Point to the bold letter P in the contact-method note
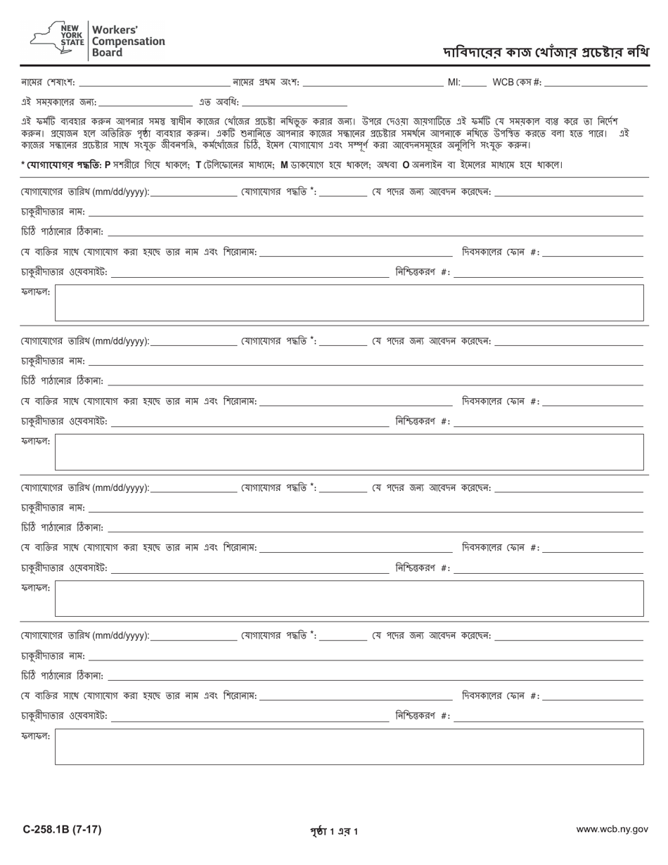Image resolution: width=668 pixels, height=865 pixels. coord(108,165)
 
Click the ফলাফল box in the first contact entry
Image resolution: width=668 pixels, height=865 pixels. coord(349,303)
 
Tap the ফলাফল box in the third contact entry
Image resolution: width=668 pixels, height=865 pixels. coord(349,598)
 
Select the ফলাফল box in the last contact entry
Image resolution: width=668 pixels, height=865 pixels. coord(349,747)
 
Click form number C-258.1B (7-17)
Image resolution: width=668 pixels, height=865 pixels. coord(62,830)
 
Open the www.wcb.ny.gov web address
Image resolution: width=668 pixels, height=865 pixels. coord(612,830)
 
